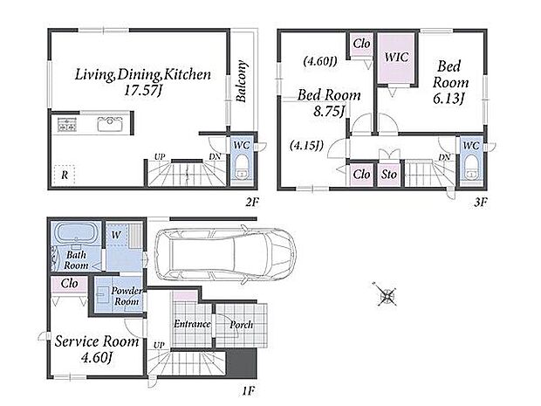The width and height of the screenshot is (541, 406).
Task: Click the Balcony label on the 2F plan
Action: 242,81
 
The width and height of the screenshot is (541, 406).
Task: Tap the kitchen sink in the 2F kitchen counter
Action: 110,124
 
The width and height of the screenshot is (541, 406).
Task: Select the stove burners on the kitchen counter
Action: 67,125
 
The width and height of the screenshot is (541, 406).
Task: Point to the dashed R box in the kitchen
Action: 65,175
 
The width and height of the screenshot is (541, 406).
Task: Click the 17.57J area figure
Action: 142,91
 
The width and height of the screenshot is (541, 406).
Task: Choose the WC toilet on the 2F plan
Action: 241,167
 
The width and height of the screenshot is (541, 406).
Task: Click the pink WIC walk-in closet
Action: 396,58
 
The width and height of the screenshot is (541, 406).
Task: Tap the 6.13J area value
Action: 448,99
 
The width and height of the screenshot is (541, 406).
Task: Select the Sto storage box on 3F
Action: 389,175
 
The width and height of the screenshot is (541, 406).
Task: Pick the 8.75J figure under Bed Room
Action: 329,112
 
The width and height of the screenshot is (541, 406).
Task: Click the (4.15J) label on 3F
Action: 307,145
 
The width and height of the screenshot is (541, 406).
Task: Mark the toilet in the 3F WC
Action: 471,168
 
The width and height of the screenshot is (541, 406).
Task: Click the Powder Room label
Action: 127,296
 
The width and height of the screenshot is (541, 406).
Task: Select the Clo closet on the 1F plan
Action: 69,285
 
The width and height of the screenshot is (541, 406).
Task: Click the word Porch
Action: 241,325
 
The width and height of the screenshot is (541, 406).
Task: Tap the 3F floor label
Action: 480,203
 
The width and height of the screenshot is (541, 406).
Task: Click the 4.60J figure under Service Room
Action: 97,357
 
